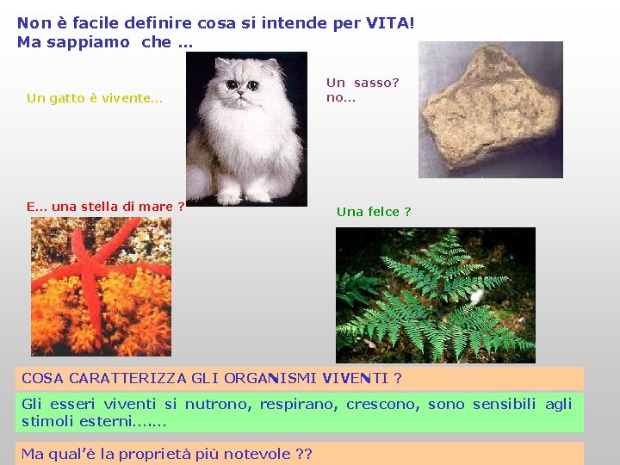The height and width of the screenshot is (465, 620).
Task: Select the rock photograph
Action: pyautogui.click(x=490, y=109)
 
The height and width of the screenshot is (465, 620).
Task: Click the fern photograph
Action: pyautogui.click(x=435, y=294)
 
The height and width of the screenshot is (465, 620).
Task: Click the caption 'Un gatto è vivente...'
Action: pyautogui.click(x=95, y=98)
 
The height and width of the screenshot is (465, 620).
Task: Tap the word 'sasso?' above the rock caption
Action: pyautogui.click(x=376, y=83)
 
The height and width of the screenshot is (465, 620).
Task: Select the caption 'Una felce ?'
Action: pyautogui.click(x=374, y=212)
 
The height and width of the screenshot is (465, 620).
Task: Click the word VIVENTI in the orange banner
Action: pyautogui.click(x=356, y=378)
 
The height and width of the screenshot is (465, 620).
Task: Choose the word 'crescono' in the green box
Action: pyautogui.click(x=387, y=404)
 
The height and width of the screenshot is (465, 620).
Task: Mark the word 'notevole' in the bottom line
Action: pyautogui.click(x=260, y=454)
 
